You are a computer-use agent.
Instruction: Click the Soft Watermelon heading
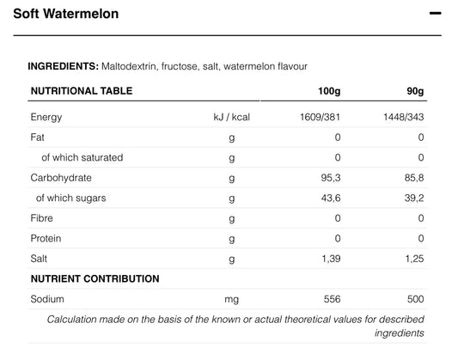click(x=66, y=14)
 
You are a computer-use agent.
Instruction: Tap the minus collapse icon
click(x=435, y=13)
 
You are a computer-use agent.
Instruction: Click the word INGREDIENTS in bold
click(x=64, y=66)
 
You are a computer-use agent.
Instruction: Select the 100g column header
click(x=329, y=91)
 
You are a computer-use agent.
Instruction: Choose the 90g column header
click(x=415, y=91)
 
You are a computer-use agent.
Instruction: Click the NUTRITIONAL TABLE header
click(x=82, y=91)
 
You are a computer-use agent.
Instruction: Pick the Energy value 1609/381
click(x=321, y=117)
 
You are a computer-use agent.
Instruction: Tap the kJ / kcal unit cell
click(x=232, y=117)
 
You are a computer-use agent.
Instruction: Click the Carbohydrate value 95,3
click(x=331, y=178)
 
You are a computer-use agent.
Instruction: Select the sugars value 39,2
click(x=414, y=198)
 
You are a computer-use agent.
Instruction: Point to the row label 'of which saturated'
click(x=82, y=158)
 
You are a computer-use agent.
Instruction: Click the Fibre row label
click(x=42, y=218)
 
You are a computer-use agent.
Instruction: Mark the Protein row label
click(x=46, y=239)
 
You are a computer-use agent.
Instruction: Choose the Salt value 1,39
click(x=331, y=259)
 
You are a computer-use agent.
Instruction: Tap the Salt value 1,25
click(x=414, y=259)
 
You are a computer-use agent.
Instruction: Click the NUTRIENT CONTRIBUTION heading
click(x=95, y=278)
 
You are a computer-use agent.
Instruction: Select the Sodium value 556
click(x=332, y=299)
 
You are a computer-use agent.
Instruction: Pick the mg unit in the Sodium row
click(x=232, y=300)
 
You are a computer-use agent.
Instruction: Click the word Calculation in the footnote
click(x=71, y=320)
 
